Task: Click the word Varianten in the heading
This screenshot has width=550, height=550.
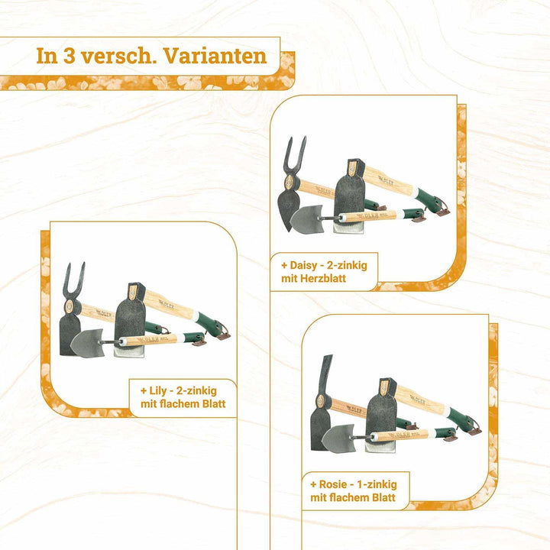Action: tap(215, 56)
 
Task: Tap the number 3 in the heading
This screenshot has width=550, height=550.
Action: tap(69, 56)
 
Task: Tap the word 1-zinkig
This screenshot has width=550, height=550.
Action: tap(377, 485)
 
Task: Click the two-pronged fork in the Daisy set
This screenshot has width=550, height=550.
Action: tap(294, 156)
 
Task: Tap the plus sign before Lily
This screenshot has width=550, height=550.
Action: tap(144, 391)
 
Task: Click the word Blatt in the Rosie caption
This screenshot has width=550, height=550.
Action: tap(383, 498)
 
